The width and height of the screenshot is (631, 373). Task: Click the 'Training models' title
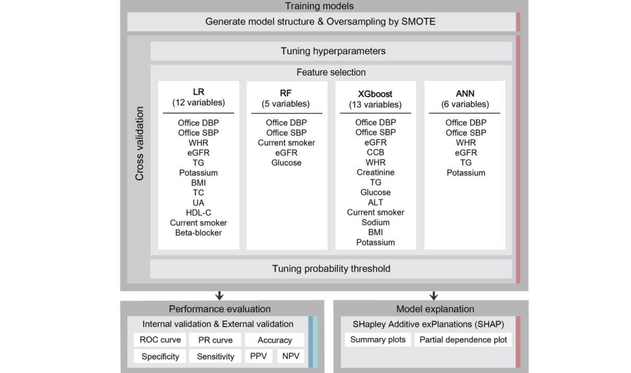coord(319,6)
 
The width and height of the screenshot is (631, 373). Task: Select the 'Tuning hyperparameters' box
coord(331,51)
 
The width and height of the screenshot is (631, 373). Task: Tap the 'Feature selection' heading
coord(331,73)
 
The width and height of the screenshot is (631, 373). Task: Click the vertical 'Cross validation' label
coord(139,143)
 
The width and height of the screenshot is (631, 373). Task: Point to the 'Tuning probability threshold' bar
coord(331,269)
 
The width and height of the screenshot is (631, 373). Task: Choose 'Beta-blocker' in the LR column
coord(198,233)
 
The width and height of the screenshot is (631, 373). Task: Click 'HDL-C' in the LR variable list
coord(198,213)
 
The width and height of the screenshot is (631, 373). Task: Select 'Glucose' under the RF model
coord(286,163)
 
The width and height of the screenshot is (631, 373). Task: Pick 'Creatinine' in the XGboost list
coord(376,172)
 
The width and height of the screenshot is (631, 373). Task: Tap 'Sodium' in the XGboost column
coord(376,222)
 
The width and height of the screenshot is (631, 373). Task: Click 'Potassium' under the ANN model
coord(466,173)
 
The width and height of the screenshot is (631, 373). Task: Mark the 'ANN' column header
coord(465,93)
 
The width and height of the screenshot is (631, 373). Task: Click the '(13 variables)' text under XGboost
coord(375,105)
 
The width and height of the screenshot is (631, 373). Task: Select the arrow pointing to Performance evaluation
coord(219,296)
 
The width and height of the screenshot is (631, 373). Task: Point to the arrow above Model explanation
coord(434,296)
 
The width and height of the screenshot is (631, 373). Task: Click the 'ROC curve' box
coord(160,340)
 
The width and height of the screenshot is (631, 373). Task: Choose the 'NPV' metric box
coord(291,356)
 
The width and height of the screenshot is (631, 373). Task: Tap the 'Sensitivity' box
coord(215,356)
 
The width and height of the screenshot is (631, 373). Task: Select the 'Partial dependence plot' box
coord(463,340)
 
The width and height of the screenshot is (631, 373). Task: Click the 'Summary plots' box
coord(378,340)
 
